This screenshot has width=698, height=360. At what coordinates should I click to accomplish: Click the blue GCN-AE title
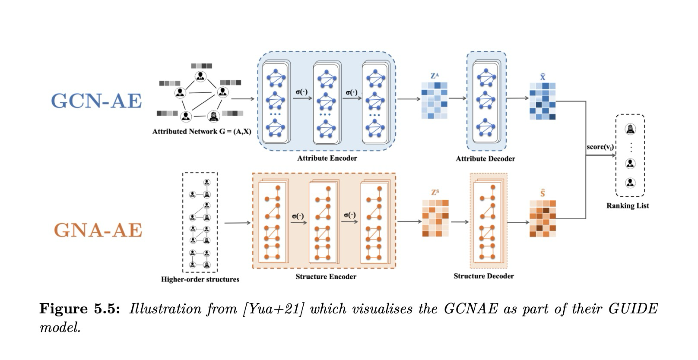(x=96, y=101)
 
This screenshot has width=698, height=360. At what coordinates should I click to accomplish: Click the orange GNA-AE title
(x=98, y=230)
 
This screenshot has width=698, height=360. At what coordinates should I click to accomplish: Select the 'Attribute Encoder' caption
(x=327, y=158)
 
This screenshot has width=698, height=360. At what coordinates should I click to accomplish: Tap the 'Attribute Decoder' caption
(x=485, y=158)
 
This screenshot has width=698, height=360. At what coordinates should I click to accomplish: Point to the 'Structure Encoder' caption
(x=326, y=277)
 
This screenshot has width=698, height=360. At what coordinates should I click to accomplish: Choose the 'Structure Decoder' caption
(x=483, y=276)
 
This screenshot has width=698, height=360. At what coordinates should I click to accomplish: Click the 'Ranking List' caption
(x=627, y=205)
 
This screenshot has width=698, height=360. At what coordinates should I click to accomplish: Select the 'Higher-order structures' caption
(x=200, y=279)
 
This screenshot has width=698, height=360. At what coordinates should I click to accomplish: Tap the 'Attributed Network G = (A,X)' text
(x=201, y=131)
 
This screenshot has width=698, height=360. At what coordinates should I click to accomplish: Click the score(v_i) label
(x=600, y=147)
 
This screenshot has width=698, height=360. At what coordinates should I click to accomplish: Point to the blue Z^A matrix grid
(x=434, y=101)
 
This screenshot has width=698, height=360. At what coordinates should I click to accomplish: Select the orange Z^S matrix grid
(x=435, y=218)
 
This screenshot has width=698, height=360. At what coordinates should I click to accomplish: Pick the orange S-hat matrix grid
(x=543, y=218)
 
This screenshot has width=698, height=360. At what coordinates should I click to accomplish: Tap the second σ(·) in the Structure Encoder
(x=350, y=215)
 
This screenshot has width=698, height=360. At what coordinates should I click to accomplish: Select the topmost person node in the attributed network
(x=200, y=77)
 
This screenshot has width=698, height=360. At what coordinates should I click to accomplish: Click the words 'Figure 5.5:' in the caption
(x=79, y=309)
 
